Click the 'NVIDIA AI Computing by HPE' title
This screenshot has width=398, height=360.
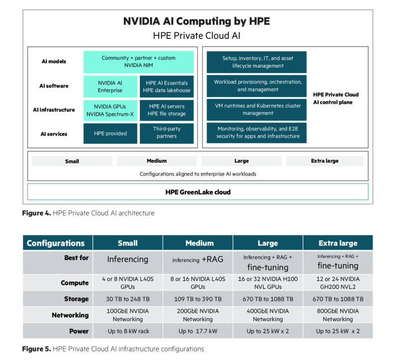[197, 21]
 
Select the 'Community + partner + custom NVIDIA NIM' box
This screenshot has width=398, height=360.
[138, 62]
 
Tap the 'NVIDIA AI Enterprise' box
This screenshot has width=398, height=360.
[110, 87]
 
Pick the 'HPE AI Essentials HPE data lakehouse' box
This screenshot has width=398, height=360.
[167, 87]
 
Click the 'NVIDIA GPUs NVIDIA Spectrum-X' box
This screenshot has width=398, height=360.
[110, 110]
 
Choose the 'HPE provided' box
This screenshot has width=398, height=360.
[110, 133]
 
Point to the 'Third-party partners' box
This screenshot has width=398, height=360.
[167, 133]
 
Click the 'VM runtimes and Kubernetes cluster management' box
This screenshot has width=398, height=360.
[257, 109]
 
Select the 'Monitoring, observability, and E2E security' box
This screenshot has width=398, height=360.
[257, 133]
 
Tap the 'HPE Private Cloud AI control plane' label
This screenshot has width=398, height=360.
[335, 98]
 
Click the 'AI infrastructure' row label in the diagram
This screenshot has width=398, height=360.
[54, 110]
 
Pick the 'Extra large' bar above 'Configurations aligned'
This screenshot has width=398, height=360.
[325, 161]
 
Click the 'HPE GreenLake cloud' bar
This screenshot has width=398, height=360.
[198, 192]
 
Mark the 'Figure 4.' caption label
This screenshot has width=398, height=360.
[36, 213]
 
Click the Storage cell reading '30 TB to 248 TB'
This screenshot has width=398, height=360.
[128, 299]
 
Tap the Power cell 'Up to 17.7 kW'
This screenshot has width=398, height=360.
[198, 331]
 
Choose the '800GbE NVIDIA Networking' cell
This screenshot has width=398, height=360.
[338, 315]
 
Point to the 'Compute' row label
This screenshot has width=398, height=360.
[75, 283]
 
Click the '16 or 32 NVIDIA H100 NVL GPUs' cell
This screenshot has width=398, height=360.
[268, 282]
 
